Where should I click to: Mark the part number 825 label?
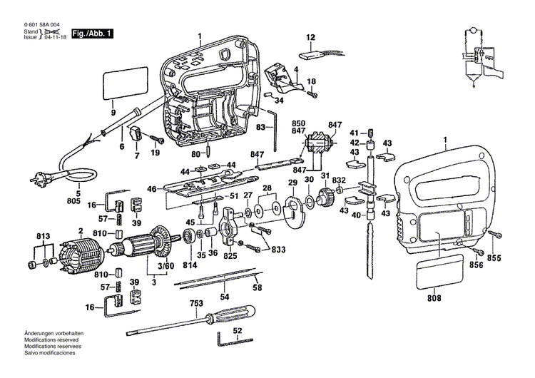pos(230,255)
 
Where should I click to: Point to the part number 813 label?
pos(44,236)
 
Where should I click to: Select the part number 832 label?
pos(339,180)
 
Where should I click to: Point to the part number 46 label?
pos(151,190)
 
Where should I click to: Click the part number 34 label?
pos(279,101)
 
